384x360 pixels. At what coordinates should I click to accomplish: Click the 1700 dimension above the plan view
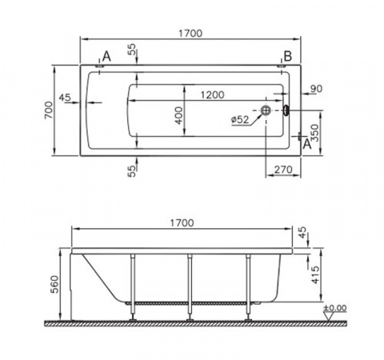[x=190, y=34]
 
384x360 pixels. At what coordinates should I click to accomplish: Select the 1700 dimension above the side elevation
[x=182, y=223]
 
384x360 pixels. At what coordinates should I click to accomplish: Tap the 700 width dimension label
[x=50, y=110]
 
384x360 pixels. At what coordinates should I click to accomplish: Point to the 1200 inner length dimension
[x=212, y=95]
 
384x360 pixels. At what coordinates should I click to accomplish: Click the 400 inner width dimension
[x=179, y=115]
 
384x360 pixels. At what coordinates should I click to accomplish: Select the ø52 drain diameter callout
[x=240, y=120]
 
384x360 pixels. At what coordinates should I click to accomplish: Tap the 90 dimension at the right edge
[x=316, y=89]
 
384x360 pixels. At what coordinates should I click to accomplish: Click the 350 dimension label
[x=315, y=133]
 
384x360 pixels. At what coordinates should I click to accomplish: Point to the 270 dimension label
[x=283, y=170]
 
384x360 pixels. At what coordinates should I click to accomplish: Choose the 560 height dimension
[x=55, y=284]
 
